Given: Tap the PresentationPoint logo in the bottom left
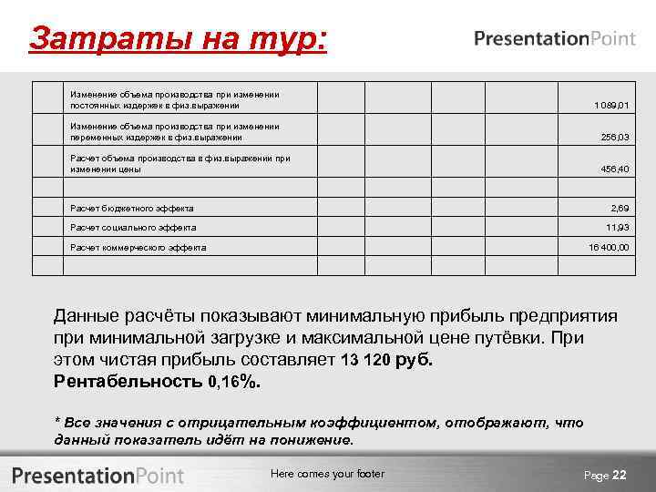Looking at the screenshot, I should (97, 476).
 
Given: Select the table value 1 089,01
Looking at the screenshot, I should (610, 107).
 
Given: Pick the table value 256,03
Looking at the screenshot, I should (612, 138).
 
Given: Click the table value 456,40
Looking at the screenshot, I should (612, 169).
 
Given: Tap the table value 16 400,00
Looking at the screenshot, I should (608, 247).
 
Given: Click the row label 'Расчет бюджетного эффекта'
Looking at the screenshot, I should (131, 209).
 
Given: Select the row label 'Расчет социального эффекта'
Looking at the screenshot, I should (133, 228).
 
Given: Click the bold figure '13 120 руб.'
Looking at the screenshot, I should (387, 359).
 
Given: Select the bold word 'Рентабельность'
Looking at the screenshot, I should (128, 381).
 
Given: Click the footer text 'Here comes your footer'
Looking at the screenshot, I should (328, 474).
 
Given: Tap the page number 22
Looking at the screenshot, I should (620, 475).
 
